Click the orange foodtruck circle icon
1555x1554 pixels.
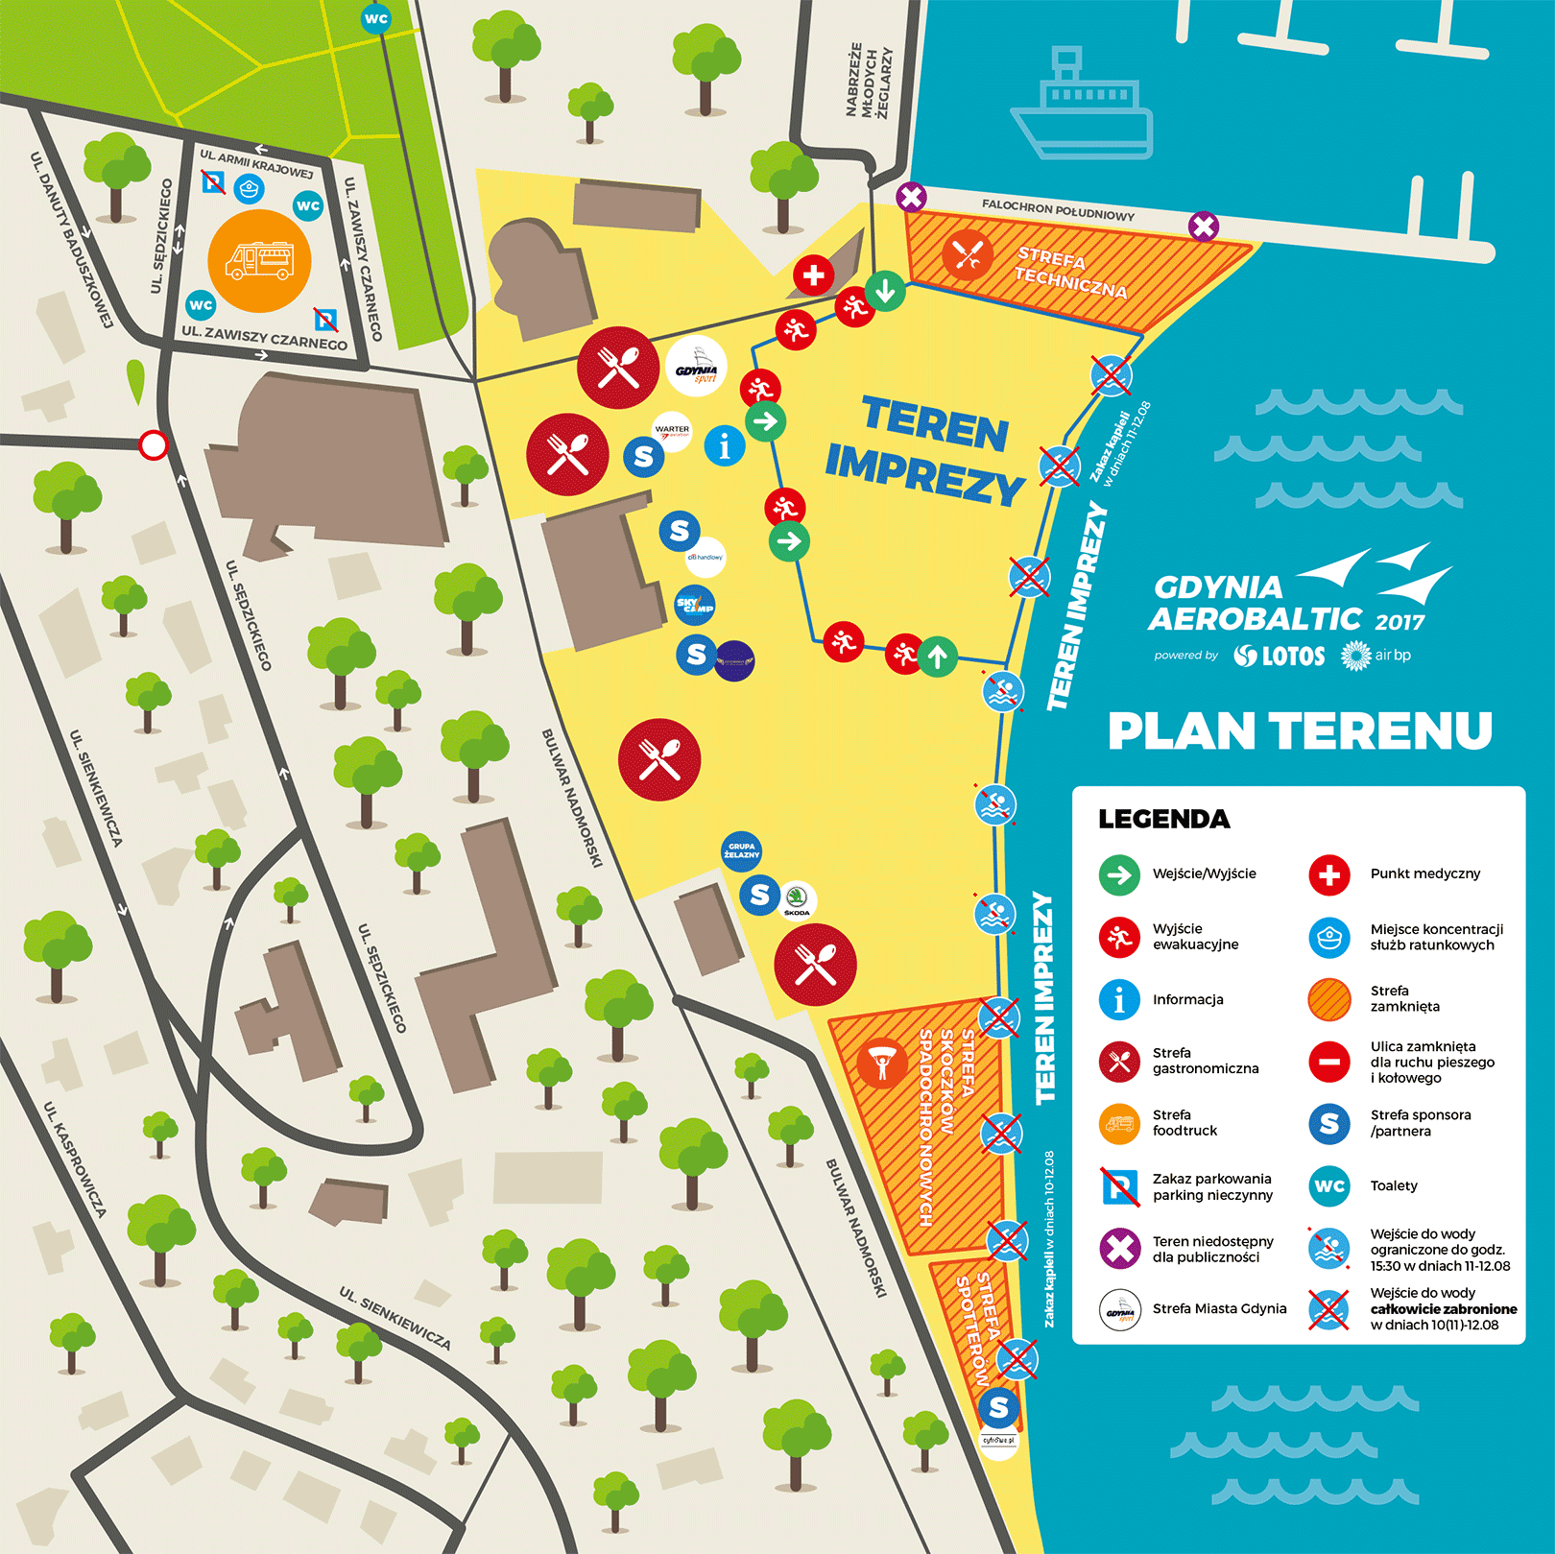[259, 261]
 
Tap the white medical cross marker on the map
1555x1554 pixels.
[813, 275]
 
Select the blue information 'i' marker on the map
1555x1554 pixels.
[725, 446]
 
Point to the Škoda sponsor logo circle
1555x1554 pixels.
[797, 899]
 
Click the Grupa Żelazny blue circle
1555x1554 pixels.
[741, 850]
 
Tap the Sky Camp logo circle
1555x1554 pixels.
[695, 605]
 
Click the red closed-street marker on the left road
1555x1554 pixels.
[154, 445]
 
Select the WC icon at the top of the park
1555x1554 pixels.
[375, 18]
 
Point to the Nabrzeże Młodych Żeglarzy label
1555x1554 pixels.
[870, 82]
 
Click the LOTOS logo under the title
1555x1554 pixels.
[1280, 656]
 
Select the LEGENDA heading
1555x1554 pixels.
[1163, 819]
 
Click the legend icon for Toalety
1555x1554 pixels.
[1328, 1186]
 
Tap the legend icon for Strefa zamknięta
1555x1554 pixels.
[1328, 999]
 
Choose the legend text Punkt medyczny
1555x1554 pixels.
[1424, 873]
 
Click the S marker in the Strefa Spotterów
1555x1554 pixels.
[998, 1407]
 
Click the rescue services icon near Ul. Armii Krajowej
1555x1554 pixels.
[250, 188]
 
